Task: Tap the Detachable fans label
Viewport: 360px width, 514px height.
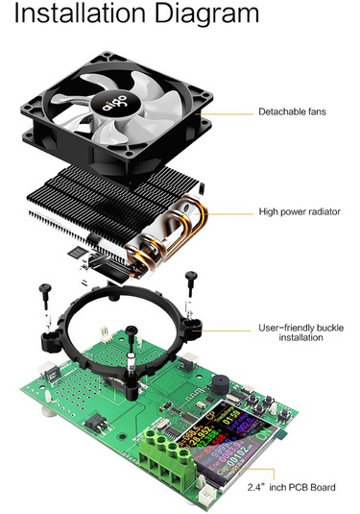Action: click(x=292, y=112)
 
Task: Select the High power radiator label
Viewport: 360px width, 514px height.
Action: click(x=300, y=211)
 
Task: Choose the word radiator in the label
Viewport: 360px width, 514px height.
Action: click(x=322, y=211)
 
